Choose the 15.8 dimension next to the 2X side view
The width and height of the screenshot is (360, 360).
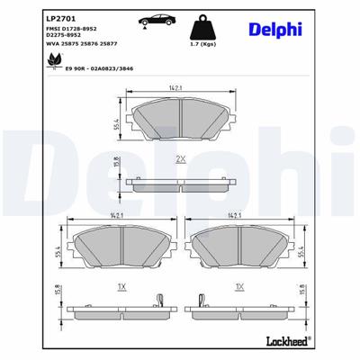pos(116,162)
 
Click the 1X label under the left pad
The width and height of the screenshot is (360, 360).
pos(121,286)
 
